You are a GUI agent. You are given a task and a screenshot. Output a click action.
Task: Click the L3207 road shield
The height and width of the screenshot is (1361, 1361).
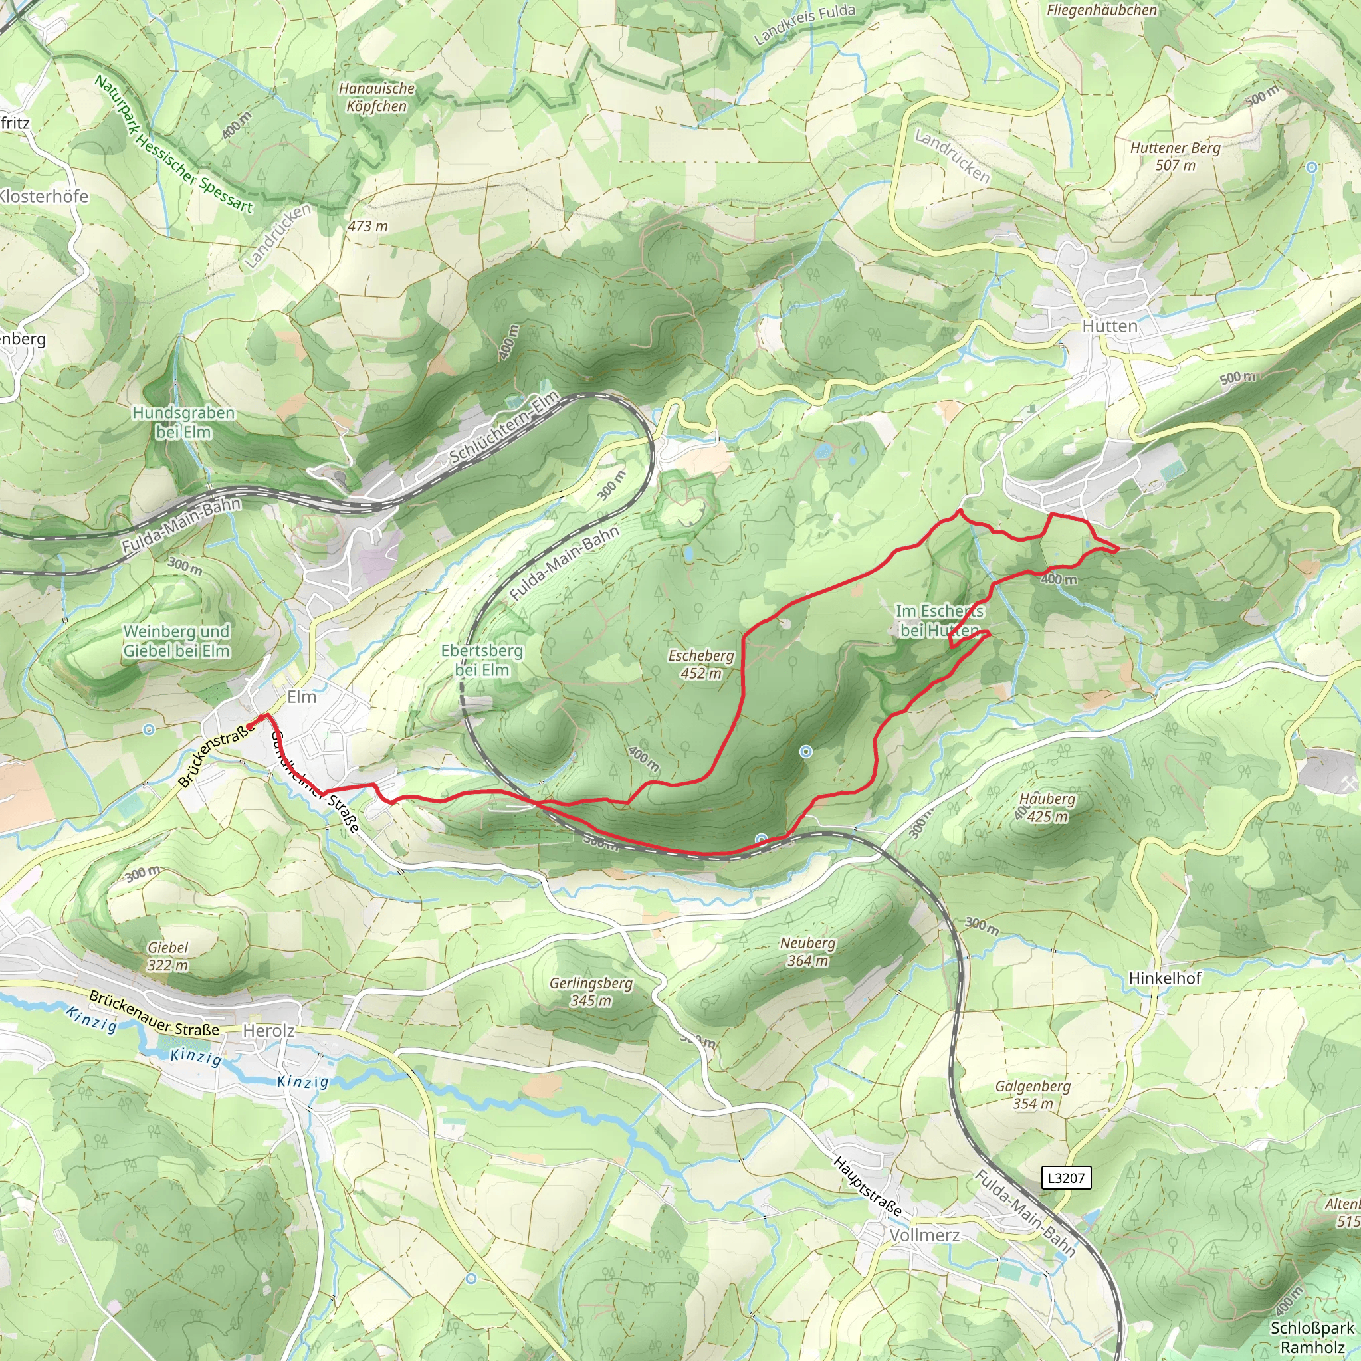1066,1177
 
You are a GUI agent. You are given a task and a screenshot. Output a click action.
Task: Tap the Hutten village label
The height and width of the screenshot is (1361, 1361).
1110,326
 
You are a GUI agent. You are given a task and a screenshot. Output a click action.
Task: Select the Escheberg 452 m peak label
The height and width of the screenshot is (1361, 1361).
701,664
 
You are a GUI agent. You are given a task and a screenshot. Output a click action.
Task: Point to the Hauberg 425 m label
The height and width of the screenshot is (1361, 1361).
1047,807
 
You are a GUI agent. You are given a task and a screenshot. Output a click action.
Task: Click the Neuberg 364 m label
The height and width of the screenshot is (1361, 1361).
807,951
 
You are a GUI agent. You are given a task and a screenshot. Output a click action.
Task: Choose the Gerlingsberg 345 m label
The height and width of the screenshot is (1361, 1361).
590,991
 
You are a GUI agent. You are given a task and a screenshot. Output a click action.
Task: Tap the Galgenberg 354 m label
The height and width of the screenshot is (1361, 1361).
1033,1095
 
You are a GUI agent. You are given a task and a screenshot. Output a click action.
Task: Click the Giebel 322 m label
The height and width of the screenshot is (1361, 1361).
167,956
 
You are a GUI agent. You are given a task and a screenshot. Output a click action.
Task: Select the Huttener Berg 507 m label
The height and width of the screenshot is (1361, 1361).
1175,156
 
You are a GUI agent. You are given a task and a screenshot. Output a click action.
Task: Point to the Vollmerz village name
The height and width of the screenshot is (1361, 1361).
924,1235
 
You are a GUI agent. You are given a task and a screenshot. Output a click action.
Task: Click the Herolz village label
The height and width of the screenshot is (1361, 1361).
268,1031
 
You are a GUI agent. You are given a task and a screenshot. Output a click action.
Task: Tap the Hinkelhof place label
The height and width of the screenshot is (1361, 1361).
1164,978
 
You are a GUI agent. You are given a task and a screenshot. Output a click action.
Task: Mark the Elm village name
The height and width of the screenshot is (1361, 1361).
302,696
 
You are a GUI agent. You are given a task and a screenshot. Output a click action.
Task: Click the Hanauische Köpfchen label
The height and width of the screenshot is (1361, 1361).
376,97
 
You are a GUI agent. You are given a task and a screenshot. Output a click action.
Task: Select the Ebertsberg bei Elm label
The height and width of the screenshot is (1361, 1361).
482,659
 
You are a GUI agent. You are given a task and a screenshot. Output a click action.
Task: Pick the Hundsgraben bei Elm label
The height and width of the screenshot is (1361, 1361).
183,421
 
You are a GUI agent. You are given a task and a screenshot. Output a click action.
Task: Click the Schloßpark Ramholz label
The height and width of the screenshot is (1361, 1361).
1312,1337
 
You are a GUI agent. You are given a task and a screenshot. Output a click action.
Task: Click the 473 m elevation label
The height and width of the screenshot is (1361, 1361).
367,226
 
